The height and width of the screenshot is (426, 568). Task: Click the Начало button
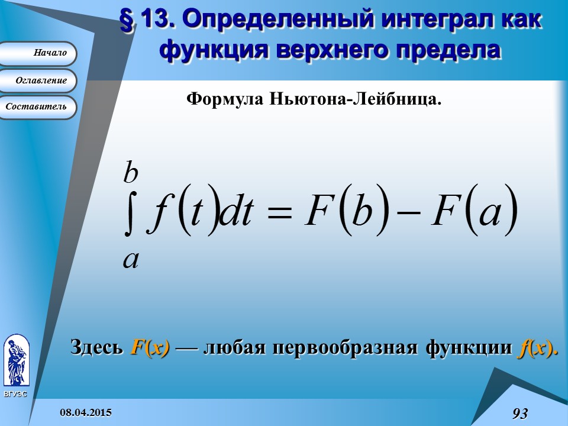point(38,53)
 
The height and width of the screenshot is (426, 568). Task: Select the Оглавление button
point(38,80)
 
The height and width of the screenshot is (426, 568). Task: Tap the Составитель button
point(38,107)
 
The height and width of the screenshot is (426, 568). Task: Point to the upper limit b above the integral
point(131,173)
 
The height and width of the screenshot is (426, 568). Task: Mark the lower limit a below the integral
point(131,259)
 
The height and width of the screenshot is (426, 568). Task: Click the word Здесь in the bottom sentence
point(96,347)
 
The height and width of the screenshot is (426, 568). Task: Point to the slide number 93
point(519,414)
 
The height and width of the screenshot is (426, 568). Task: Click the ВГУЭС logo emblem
point(16,361)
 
